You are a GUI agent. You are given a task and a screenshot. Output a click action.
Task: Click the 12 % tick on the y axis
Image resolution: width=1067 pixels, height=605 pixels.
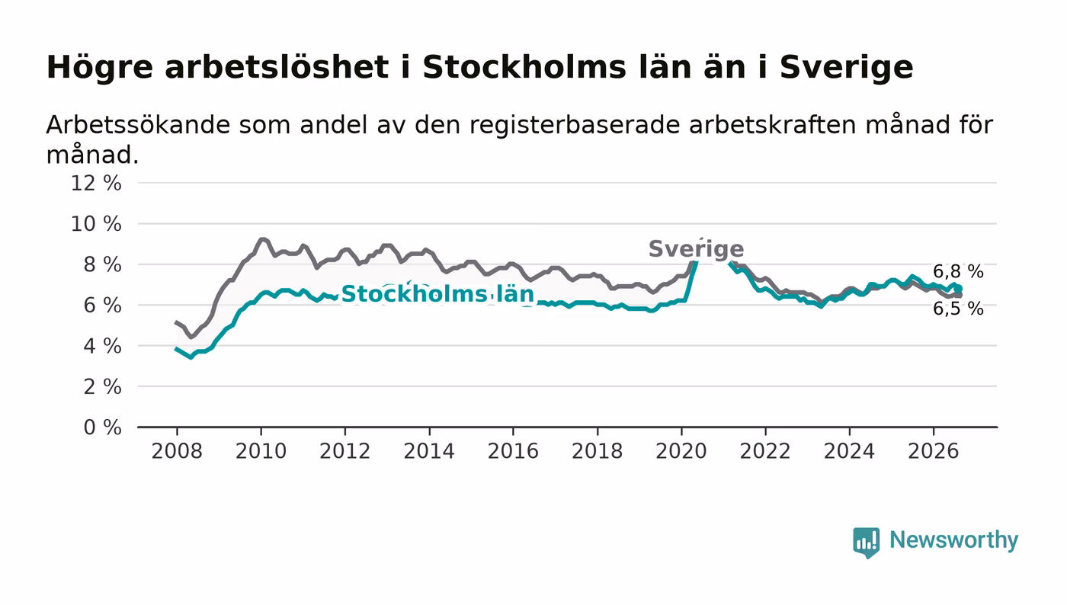pyautogui.click(x=96, y=184)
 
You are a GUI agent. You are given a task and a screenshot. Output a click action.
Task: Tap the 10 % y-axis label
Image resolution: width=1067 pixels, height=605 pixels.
pyautogui.click(x=96, y=224)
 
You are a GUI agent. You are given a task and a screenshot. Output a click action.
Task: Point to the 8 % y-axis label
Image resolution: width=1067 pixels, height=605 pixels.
pyautogui.click(x=102, y=265)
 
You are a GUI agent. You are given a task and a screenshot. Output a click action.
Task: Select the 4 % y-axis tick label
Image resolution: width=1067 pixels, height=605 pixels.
pyautogui.click(x=102, y=347)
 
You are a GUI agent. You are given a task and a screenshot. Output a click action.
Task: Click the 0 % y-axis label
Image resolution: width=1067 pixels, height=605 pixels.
pyautogui.click(x=102, y=427)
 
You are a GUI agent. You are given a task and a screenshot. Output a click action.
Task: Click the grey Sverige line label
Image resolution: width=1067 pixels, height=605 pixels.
pyautogui.click(x=697, y=249)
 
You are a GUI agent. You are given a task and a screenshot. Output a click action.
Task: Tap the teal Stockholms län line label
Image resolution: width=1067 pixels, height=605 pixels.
pyautogui.click(x=437, y=294)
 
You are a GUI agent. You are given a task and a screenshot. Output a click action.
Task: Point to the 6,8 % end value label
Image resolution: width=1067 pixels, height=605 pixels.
pyautogui.click(x=958, y=272)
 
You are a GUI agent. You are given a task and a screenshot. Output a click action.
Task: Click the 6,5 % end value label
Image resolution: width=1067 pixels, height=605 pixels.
pyautogui.click(x=958, y=309)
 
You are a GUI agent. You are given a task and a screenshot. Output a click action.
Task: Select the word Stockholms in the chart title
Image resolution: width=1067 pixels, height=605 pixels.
pyautogui.click(x=524, y=67)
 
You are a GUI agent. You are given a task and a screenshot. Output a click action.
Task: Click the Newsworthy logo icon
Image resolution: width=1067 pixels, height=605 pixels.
pyautogui.click(x=866, y=542)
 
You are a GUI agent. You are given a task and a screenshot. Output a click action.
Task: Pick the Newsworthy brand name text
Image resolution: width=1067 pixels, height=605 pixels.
pyautogui.click(x=953, y=540)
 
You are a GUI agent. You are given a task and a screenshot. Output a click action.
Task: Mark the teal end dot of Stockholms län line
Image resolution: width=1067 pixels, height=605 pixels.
pyautogui.click(x=959, y=289)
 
